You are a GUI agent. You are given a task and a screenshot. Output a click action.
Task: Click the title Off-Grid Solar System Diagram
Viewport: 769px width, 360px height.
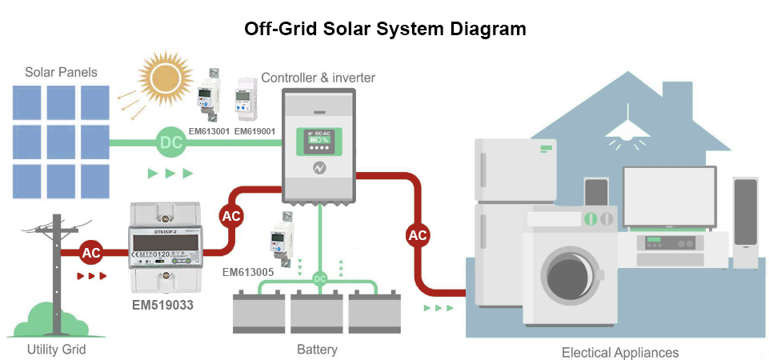(385, 30)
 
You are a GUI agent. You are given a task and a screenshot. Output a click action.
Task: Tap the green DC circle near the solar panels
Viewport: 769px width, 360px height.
(171, 143)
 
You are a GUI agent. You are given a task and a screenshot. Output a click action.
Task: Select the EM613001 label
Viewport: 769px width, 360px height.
(209, 130)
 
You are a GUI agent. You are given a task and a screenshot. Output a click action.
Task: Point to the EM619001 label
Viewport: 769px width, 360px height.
(255, 130)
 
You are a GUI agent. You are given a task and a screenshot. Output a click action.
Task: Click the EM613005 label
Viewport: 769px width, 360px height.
(248, 272)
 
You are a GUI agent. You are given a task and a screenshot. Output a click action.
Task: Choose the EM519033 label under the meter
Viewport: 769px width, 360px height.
(164, 305)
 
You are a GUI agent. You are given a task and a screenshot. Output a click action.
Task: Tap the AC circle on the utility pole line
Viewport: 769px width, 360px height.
(91, 253)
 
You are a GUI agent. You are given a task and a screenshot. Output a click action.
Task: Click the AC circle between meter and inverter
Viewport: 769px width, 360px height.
(231, 216)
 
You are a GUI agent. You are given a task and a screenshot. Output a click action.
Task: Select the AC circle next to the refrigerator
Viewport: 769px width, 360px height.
(418, 235)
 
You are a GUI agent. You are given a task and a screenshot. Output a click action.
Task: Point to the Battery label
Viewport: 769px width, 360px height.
(317, 350)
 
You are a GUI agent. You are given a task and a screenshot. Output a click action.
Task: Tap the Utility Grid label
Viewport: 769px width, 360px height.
(56, 350)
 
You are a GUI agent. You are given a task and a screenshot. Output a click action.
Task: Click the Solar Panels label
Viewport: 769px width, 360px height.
(61, 72)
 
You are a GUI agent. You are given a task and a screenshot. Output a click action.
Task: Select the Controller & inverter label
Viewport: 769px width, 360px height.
(318, 78)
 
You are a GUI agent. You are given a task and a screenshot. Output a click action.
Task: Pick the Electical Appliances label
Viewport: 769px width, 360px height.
(620, 353)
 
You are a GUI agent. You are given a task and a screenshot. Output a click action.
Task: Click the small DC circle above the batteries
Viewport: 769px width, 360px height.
(320, 278)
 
